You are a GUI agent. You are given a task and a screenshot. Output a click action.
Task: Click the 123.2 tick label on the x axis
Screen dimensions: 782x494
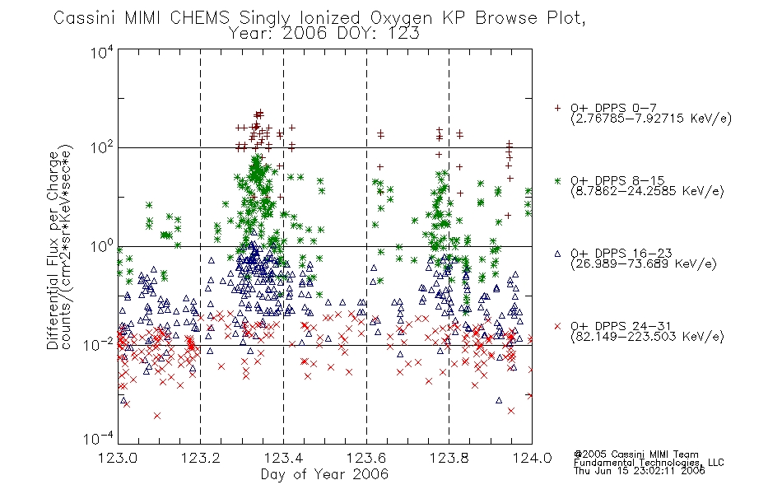coord(201,458)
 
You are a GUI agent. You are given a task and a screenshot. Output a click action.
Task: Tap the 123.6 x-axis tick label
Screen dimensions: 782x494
coord(366,458)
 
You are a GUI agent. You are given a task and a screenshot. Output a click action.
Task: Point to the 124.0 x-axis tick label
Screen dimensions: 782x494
coord(532,458)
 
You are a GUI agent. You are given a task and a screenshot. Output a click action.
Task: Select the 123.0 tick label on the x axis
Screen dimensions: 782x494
coord(118,458)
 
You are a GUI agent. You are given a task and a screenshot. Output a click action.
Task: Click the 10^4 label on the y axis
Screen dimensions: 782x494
coord(102,52)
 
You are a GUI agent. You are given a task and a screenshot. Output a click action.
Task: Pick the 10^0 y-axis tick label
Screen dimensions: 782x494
coord(102,246)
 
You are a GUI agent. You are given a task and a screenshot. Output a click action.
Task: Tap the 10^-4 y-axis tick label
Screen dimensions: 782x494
coord(99,439)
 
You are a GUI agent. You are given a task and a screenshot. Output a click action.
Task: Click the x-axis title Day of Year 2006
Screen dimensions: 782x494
coord(324,474)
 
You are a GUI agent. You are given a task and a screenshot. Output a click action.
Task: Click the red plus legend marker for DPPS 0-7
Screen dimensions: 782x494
coord(557,108)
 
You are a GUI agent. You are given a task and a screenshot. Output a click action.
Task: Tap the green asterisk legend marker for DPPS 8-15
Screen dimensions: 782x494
coord(557,180)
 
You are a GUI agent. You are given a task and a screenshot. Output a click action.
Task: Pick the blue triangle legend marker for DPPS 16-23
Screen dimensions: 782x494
coord(557,254)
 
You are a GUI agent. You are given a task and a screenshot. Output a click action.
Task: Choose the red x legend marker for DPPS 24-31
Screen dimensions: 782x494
coord(557,326)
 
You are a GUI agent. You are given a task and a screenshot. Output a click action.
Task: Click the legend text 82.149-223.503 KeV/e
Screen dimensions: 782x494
coord(647,337)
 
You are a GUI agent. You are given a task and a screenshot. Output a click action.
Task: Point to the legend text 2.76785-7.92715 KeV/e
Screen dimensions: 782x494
coord(651,119)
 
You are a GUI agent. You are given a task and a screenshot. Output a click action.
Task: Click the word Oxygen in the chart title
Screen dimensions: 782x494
coord(401,18)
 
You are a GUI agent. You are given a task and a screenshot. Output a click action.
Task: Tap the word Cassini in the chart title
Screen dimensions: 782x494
coord(84,18)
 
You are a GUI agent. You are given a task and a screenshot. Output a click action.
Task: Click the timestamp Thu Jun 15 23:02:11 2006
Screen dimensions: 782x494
coord(640,470)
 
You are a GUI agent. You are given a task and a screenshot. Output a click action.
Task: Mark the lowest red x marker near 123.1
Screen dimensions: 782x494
coord(157,416)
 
